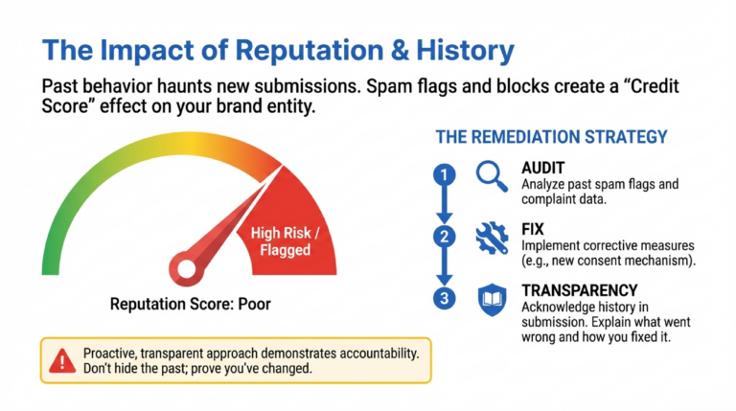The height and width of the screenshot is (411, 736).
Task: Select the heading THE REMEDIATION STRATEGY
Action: pos(551,137)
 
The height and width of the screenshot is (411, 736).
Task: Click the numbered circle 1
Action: pos(443,174)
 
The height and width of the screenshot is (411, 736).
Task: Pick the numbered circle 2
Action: pos(443,237)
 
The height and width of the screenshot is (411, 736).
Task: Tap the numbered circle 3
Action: pos(443,299)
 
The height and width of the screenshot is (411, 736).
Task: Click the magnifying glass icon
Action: pos(491,174)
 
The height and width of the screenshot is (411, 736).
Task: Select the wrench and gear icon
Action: pos(491,237)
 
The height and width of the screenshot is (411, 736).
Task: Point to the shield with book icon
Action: pos(491,300)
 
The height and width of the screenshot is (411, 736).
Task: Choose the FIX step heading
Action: pos(534,227)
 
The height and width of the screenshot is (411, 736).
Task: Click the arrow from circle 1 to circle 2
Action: pos(443,205)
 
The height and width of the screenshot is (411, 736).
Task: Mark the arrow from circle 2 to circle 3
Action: pos(443,268)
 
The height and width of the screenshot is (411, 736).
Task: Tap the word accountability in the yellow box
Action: pos(375,353)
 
